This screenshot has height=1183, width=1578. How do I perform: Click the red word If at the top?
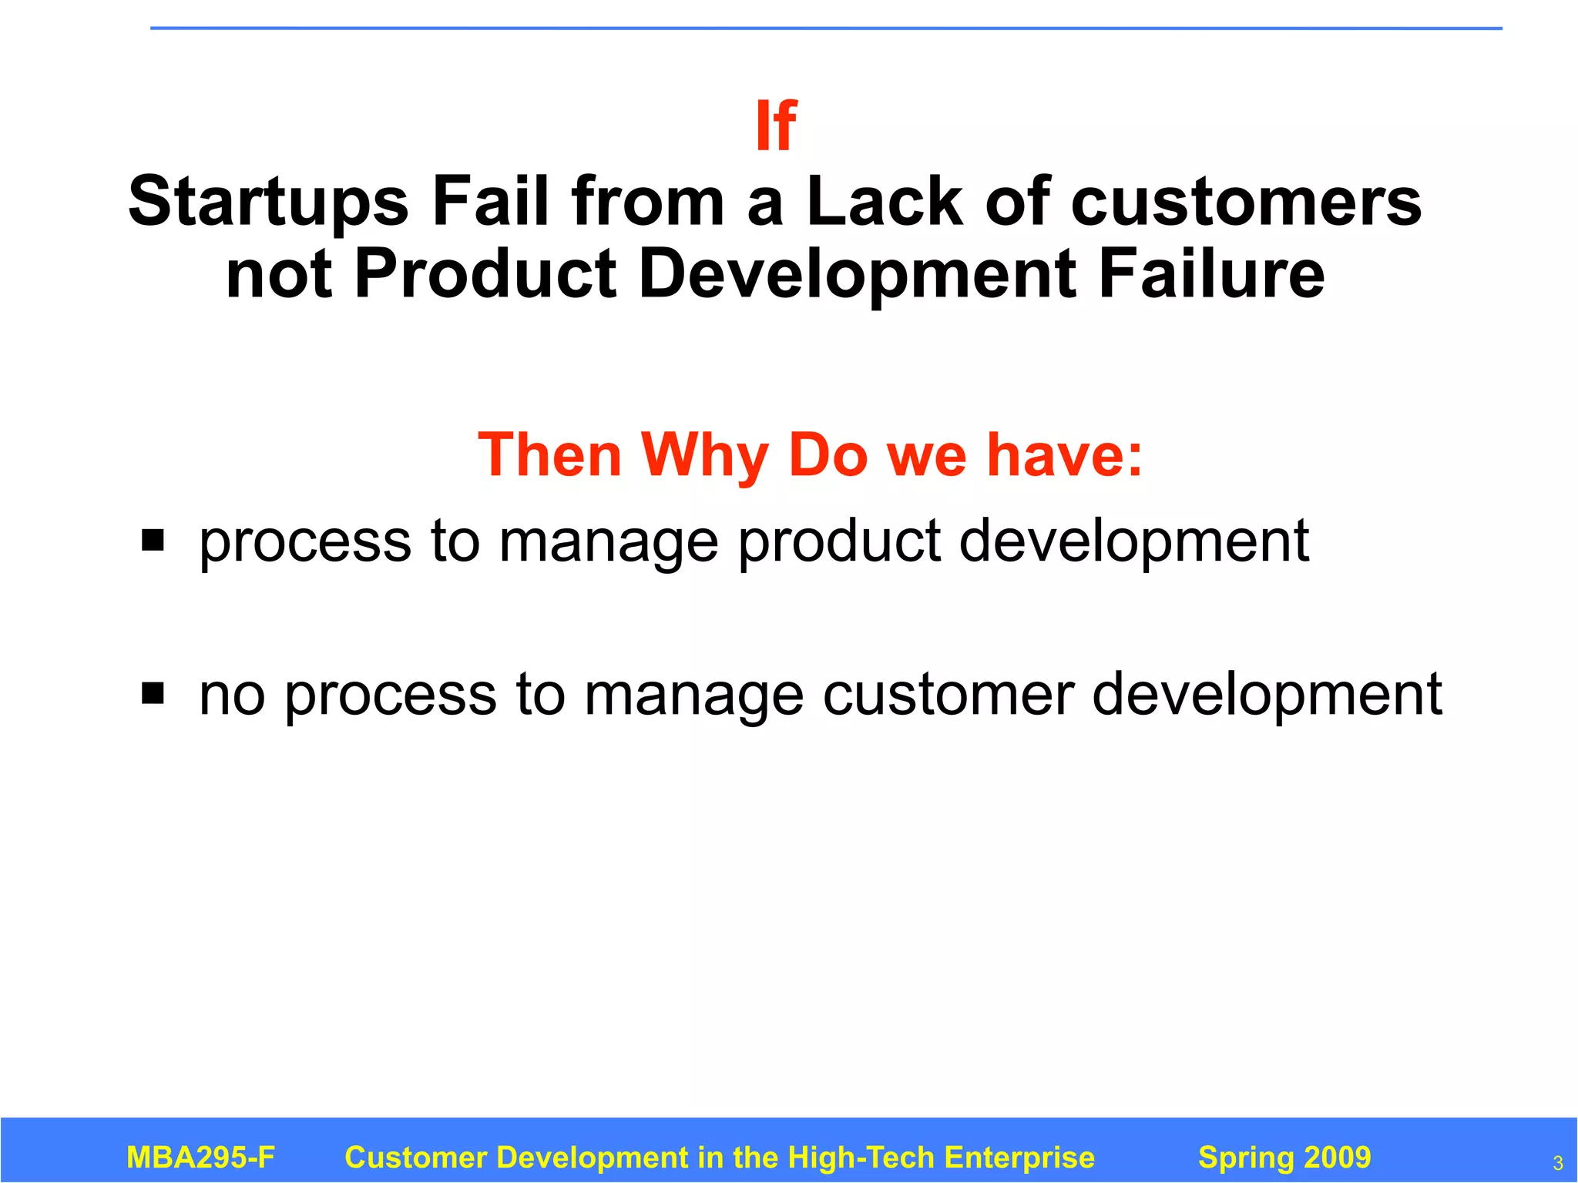(776, 126)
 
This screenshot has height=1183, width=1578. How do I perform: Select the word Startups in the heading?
(268, 202)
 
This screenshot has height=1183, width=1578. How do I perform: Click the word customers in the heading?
(1246, 202)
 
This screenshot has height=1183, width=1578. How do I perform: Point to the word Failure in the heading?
(1211, 274)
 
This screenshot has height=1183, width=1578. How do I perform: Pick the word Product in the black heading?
(485, 274)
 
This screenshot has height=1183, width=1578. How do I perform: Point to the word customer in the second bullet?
(948, 695)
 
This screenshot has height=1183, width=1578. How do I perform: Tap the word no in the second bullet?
(232, 695)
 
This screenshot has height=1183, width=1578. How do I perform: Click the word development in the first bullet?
(1133, 542)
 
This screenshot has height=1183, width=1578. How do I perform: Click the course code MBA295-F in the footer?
(200, 1158)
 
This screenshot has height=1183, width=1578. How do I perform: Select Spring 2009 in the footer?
(1284, 1158)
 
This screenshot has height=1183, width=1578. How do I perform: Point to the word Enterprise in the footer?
(1019, 1158)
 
